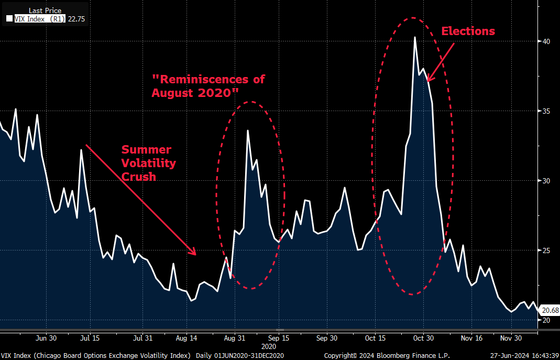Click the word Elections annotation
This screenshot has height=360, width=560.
pyautogui.click(x=468, y=31)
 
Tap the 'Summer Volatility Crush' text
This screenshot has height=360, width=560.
pyautogui.click(x=149, y=163)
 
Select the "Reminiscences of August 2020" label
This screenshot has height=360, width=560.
pyautogui.click(x=208, y=86)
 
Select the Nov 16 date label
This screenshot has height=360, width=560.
pyautogui.click(x=471, y=337)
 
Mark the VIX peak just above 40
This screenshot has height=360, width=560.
pyautogui.click(x=415, y=37)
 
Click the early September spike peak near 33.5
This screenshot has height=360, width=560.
pyautogui.click(x=248, y=130)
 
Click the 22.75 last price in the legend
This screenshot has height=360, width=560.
pyautogui.click(x=75, y=19)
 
